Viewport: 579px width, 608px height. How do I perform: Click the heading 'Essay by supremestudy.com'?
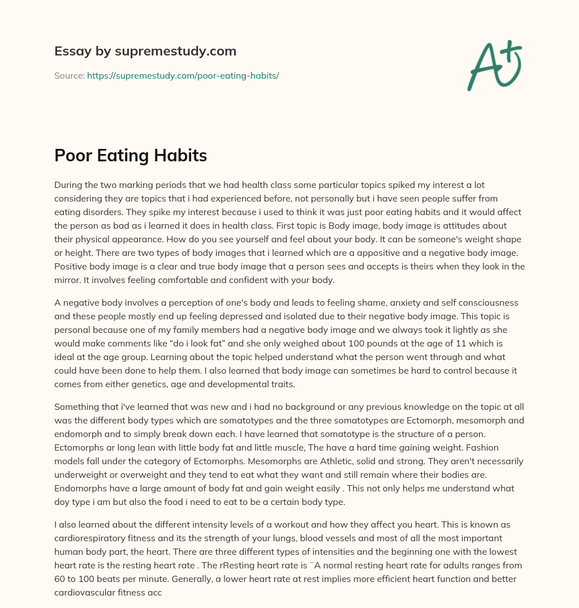pos(145,52)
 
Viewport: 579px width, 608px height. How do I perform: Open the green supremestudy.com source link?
pos(183,75)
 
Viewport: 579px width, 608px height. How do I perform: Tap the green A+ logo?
pos(494,65)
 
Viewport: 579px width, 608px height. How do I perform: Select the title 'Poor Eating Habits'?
pos(131,156)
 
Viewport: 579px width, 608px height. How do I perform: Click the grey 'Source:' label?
pos(70,75)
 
